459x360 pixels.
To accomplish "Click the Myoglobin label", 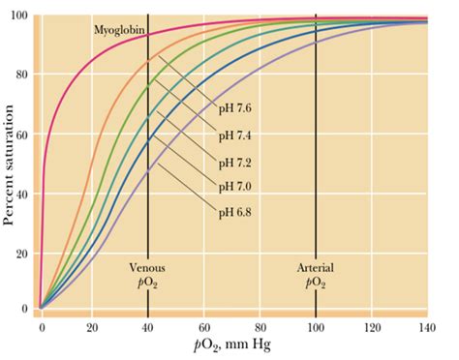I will pyautogui.click(x=120, y=31).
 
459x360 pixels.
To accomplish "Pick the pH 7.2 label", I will pyautogui.click(x=237, y=161).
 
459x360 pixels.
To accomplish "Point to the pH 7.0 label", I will pyautogui.click(x=237, y=185).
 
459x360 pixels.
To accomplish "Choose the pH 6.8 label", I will pyautogui.click(x=237, y=209).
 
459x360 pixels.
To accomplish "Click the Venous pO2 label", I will pyautogui.click(x=147, y=274).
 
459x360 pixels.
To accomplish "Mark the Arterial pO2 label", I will pyautogui.click(x=316, y=274).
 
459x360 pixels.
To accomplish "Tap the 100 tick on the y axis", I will pyautogui.click(x=18, y=16).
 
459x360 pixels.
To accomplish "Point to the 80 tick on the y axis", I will pyautogui.click(x=21, y=75).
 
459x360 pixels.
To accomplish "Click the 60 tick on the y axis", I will pyautogui.click(x=21, y=134).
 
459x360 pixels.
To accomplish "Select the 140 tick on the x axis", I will pyautogui.click(x=427, y=328).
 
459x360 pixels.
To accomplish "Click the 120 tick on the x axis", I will pyautogui.click(x=372, y=328).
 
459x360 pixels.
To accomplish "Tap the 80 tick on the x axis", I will pyautogui.click(x=261, y=328).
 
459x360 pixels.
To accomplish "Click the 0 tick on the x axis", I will pyautogui.click(x=41, y=328).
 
